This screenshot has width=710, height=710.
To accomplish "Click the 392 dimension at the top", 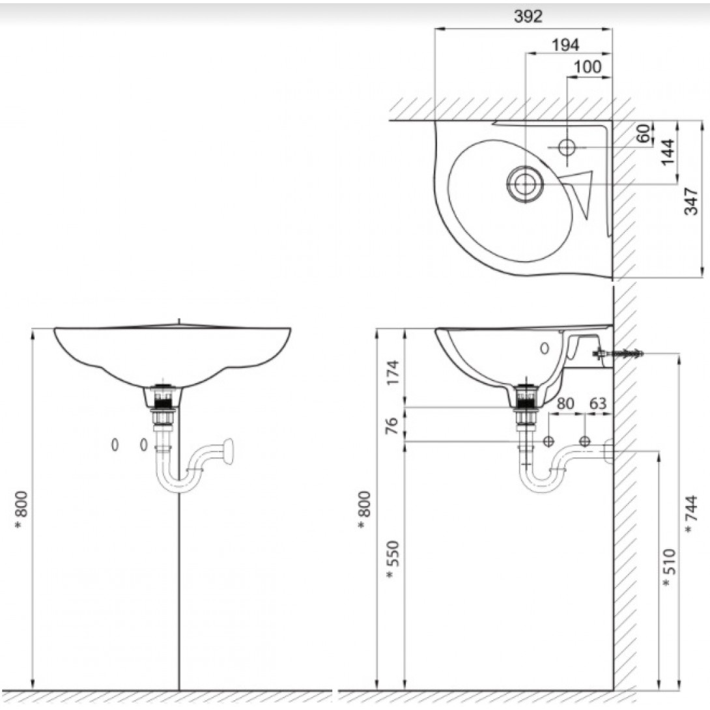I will click(528, 17).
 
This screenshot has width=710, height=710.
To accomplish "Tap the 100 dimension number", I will click(588, 66).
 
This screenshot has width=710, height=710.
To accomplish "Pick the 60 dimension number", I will click(644, 134).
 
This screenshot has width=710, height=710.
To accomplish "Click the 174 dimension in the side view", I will click(392, 372).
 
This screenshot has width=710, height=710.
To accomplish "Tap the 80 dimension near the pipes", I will click(565, 403).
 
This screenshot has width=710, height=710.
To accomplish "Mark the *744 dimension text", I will click(692, 515).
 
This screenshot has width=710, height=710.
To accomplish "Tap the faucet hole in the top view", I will click(567, 147).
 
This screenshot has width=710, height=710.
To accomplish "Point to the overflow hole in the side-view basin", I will click(545, 348).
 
